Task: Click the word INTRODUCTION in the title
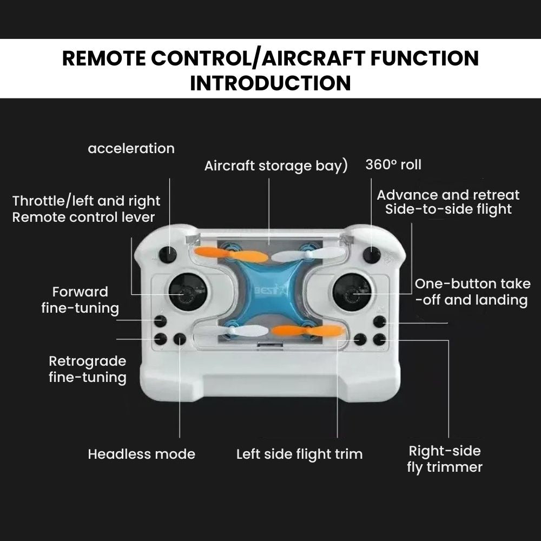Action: point(270,83)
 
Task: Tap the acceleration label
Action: point(131,148)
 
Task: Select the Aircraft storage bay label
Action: point(276,166)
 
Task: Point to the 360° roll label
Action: point(393,164)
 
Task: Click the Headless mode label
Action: point(141,454)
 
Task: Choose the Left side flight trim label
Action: point(300,454)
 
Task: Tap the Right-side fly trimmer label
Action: point(445,459)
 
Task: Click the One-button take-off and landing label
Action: point(472,292)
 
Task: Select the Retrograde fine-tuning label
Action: point(88,369)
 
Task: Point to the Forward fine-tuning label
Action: point(80,300)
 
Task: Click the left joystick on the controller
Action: point(188,292)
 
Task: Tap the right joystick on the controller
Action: point(352,292)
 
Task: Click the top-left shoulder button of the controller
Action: point(168,255)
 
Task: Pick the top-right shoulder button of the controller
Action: point(372,255)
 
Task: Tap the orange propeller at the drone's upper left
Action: point(230,254)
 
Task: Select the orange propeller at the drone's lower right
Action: point(308,331)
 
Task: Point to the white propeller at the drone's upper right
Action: point(308,255)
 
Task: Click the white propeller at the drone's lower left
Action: point(230,331)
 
